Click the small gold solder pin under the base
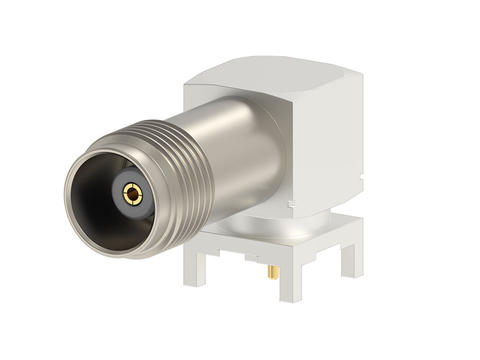click(x=272, y=271)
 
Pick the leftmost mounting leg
click(x=194, y=266)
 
